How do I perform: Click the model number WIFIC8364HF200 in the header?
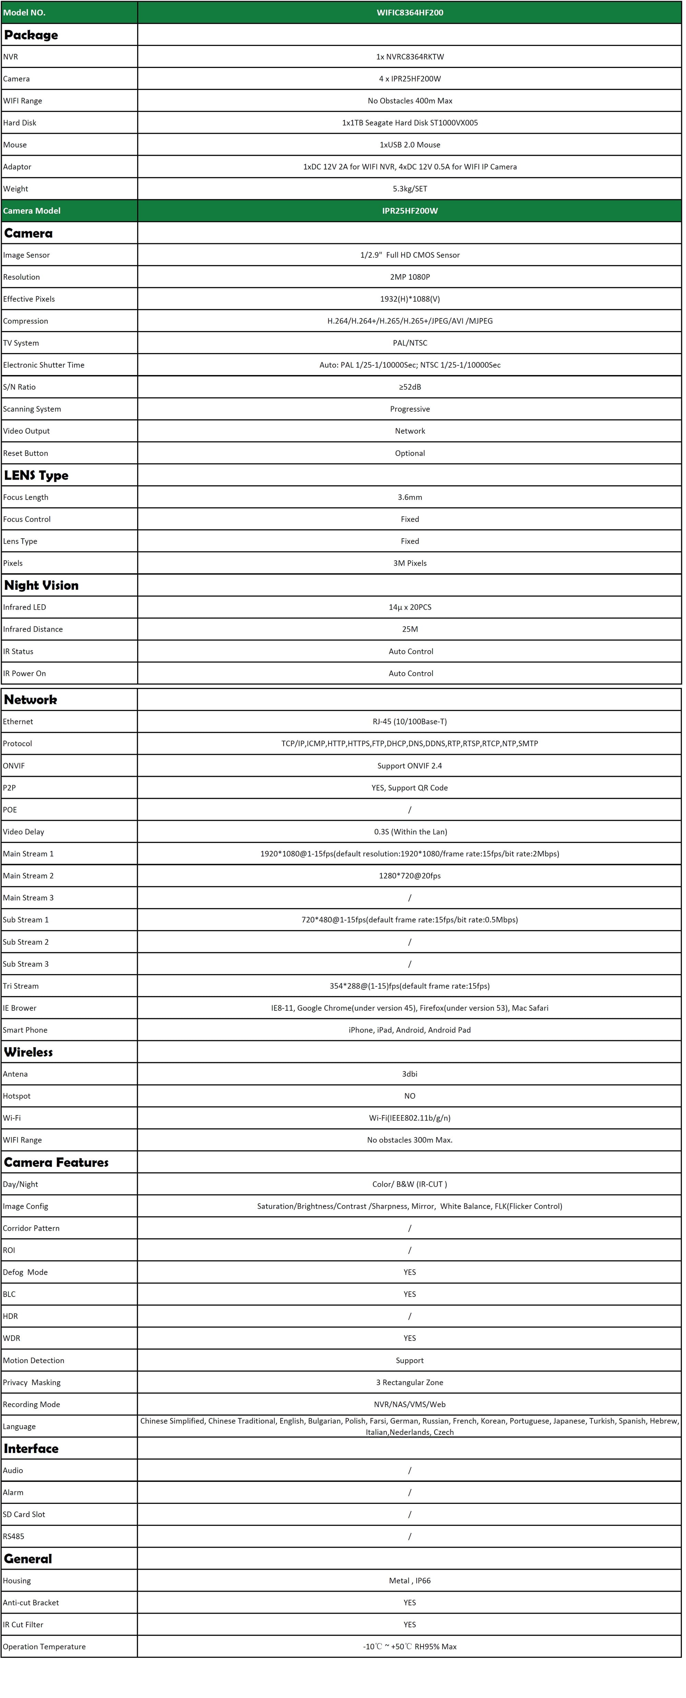[x=409, y=13]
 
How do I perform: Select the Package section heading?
[x=31, y=35]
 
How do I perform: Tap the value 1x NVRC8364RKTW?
[x=409, y=57]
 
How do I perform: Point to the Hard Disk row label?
[x=20, y=122]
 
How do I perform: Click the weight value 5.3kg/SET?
[x=409, y=188]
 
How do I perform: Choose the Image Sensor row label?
[x=26, y=255]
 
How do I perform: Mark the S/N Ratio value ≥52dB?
[x=409, y=387]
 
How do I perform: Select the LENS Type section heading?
[x=36, y=475]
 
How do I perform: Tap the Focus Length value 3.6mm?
[x=409, y=497]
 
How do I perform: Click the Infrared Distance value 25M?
[x=409, y=629]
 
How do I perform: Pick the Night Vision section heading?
[x=41, y=585]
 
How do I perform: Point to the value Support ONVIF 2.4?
[x=409, y=766]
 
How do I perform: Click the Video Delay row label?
[x=24, y=832]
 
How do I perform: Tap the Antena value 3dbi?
[x=409, y=1074]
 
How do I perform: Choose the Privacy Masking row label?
[x=32, y=1382]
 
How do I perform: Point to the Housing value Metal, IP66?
[x=409, y=1581]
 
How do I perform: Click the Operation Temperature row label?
[x=44, y=1647]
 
